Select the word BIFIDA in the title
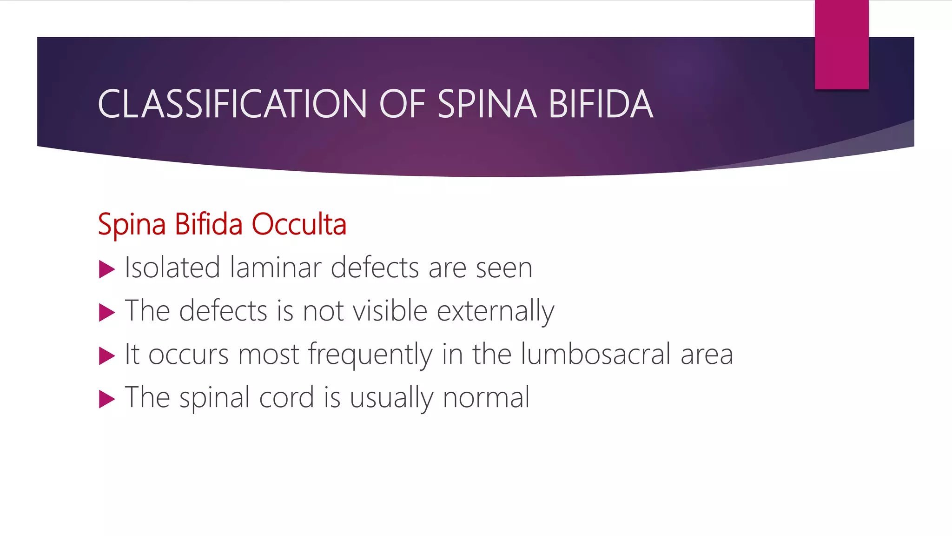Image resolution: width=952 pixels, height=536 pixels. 601,104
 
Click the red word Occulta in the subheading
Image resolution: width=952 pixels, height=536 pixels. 299,224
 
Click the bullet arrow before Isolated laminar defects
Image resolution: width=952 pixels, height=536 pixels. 107,269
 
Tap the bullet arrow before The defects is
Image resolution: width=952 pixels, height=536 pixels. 107,313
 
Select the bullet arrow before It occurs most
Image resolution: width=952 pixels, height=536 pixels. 107,356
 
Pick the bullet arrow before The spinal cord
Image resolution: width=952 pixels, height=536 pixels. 107,399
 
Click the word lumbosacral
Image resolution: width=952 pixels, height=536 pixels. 595,354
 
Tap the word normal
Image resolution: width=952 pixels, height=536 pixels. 486,398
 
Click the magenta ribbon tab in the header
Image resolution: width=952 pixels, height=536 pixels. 841,45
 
